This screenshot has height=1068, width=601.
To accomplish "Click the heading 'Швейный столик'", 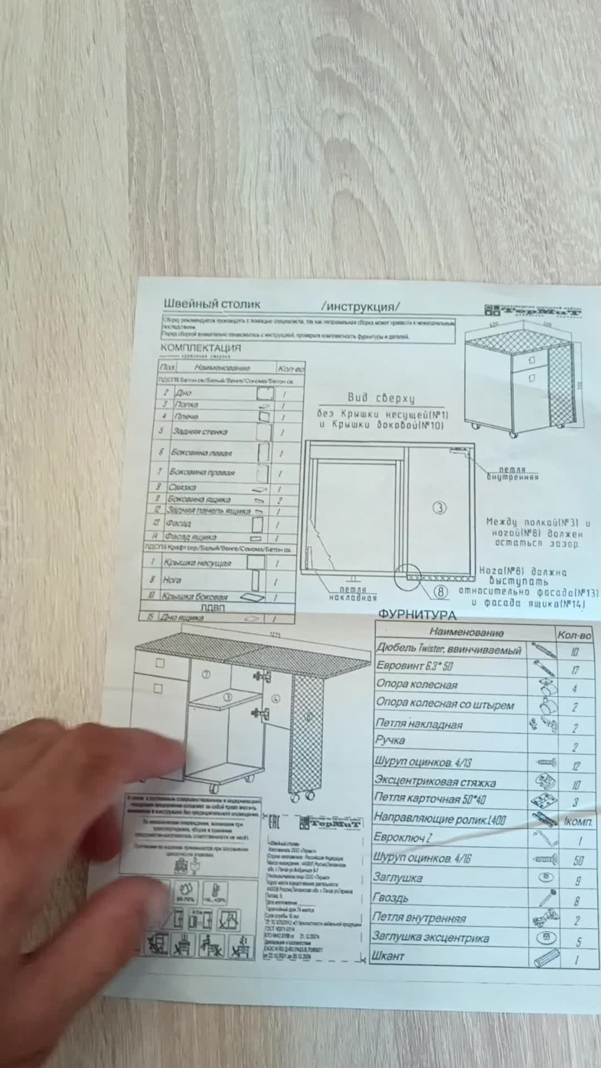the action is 211,304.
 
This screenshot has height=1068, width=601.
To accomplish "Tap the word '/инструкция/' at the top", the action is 361,306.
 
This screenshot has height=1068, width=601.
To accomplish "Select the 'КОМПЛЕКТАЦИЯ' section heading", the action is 201,348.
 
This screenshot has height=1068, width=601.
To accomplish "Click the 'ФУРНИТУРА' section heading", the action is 417,615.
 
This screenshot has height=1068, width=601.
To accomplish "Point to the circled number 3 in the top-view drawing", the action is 440,507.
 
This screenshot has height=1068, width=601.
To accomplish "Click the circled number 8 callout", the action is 440,591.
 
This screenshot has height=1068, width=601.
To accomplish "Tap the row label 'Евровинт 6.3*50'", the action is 415,666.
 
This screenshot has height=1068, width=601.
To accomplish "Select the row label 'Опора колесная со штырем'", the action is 445,704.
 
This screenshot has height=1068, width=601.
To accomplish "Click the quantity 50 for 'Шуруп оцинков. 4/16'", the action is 579,861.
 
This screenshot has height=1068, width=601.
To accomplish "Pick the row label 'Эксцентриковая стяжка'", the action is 435,782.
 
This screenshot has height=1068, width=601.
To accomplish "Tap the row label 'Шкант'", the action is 388,957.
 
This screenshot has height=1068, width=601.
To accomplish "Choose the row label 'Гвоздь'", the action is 391,898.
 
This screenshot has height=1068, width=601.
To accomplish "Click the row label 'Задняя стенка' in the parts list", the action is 199,432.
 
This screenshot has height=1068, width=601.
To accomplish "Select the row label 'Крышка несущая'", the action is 197,563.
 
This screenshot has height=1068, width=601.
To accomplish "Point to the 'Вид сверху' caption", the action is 381,398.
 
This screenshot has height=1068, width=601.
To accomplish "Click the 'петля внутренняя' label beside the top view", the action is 513,473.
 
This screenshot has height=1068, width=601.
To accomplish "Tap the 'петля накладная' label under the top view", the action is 353,594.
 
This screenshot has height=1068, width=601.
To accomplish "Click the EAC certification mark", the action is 274,822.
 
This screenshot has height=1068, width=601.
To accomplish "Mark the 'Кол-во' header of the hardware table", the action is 574,635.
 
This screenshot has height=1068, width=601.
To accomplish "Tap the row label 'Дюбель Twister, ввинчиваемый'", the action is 449,649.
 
